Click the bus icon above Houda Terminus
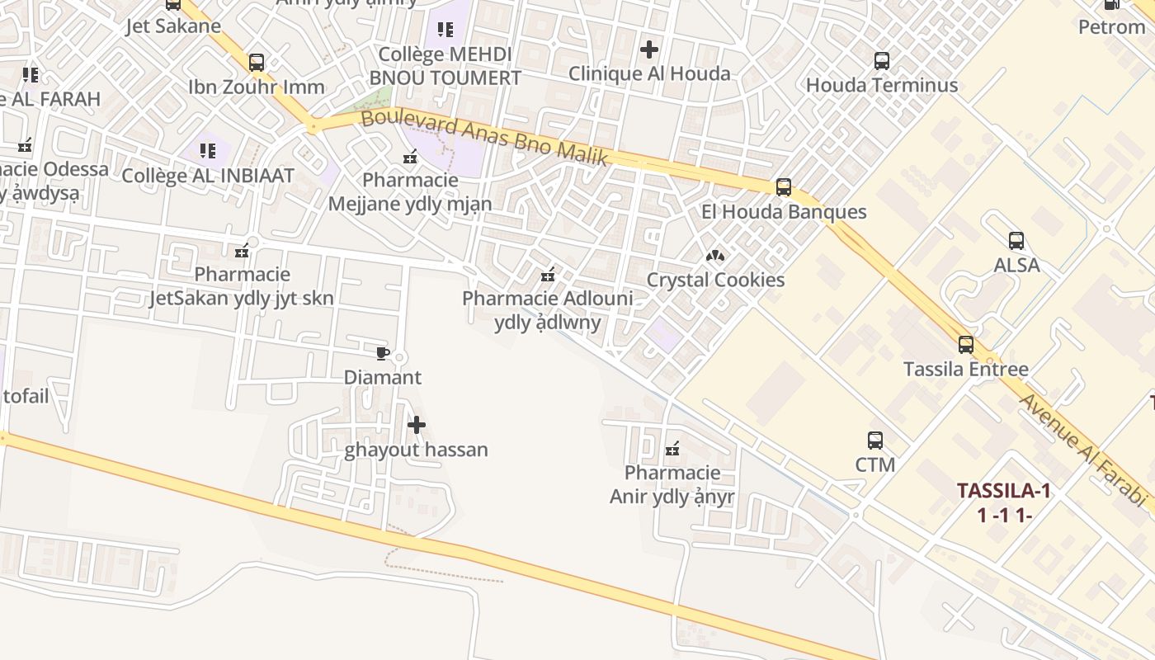point(882,60)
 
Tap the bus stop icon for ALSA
point(1016,241)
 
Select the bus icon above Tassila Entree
point(966,345)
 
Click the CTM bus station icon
point(875,441)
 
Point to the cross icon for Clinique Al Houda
point(649,49)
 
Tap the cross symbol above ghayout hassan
point(417,426)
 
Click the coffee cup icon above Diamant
point(382,354)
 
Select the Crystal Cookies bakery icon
point(715,256)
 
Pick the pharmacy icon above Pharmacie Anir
point(672,449)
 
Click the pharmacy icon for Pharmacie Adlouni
point(547,275)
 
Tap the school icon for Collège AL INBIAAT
point(208,151)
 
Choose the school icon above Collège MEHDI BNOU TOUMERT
point(445,31)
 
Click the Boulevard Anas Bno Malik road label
point(484,138)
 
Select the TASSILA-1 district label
point(1004,491)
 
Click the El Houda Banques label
point(784,212)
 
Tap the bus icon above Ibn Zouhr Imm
point(257,62)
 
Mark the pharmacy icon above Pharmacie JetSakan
point(242,251)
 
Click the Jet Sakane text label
point(173,26)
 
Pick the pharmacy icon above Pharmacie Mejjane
point(410,157)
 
